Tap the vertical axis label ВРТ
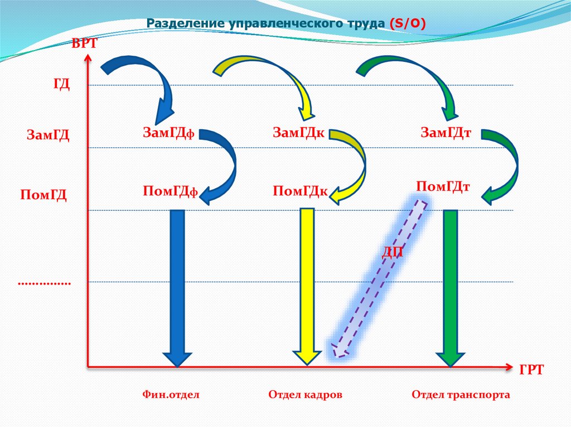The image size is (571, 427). tap(84, 44)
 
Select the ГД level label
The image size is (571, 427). tap(61, 84)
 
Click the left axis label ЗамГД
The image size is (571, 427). tap(48, 135)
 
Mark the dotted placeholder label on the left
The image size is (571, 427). tap(45, 283)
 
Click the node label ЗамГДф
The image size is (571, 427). tap(168, 132)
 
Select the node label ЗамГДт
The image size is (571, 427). tap(447, 132)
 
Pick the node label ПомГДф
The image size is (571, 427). tap(171, 191)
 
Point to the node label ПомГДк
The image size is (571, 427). tap(300, 192)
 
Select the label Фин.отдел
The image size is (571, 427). tap(171, 395)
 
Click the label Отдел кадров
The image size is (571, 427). tap(305, 395)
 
